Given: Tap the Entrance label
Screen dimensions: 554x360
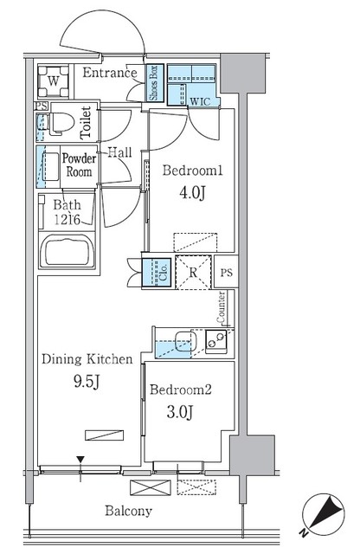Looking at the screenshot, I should (110, 74).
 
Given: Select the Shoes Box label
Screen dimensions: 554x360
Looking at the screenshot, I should (153, 84).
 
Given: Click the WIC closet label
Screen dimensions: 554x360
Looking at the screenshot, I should (201, 100).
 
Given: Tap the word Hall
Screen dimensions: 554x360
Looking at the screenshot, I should (119, 152).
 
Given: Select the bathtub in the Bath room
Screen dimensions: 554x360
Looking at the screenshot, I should (68, 254).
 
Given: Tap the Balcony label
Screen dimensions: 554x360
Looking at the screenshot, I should (129, 512).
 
